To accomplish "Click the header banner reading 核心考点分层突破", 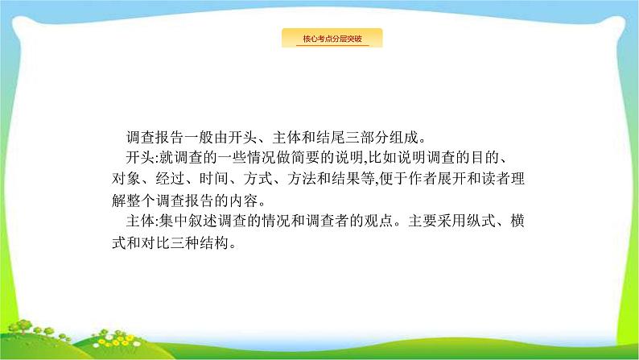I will (331, 39).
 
